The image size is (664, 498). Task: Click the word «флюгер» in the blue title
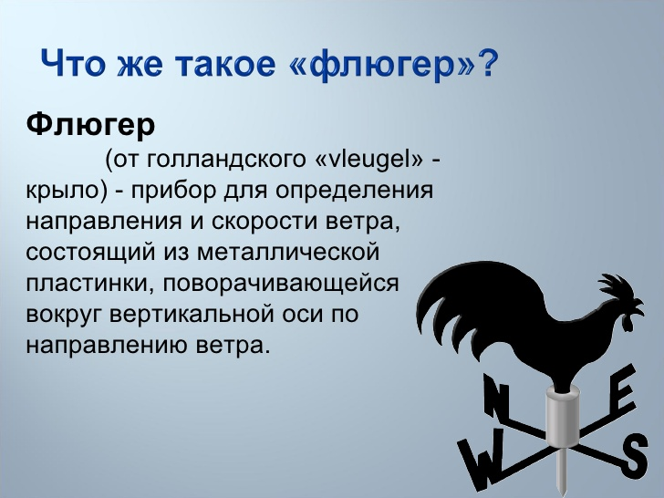398,66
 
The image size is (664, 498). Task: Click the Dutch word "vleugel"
368,161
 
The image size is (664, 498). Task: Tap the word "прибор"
171,192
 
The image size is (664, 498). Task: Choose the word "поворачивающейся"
283,285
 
